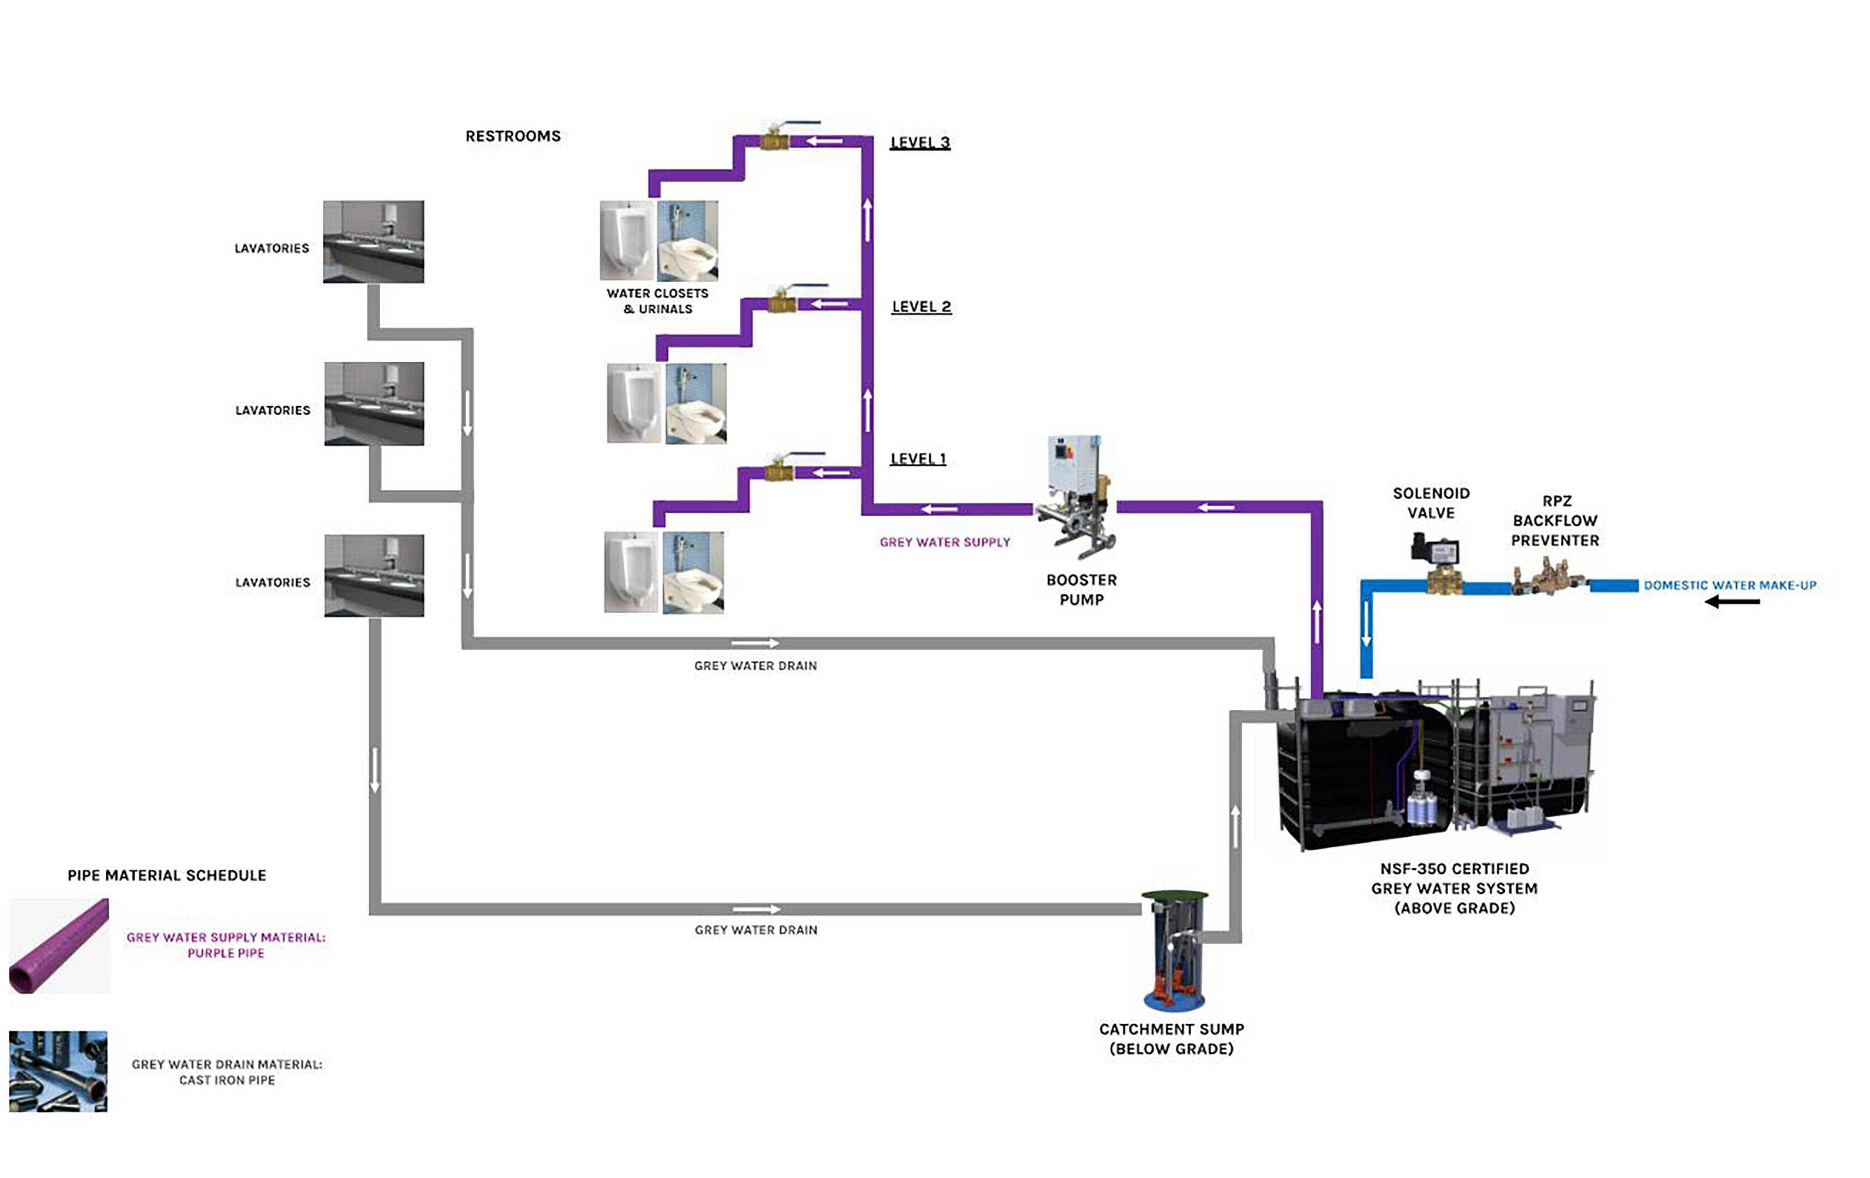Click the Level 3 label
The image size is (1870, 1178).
coord(920,142)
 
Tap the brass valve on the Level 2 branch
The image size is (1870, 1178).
coord(782,303)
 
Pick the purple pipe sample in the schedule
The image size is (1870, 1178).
coord(59,946)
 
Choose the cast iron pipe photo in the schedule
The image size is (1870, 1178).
coord(58,1072)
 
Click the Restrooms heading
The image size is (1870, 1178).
coord(513,136)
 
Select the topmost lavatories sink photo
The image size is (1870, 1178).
coord(373,241)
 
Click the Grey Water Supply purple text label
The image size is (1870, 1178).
coord(944,542)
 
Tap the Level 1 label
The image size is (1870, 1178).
coord(918,459)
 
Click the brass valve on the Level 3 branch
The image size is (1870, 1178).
coord(774,140)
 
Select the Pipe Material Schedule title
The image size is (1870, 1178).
coord(167,875)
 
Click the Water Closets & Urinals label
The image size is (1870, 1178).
coord(657,301)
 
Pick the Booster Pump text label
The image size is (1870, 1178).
coord(1081,590)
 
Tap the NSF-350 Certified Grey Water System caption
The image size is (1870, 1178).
coord(1454,889)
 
